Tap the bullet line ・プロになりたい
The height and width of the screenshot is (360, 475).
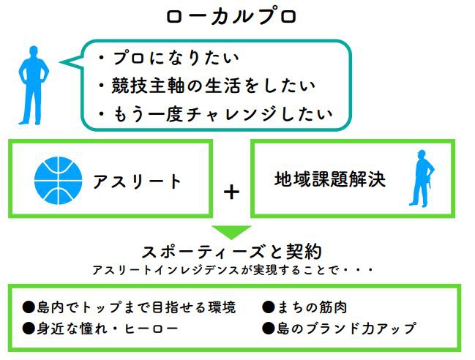[169, 57]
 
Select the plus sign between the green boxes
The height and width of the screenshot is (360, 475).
[231, 192]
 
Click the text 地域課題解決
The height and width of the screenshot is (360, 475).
[330, 178]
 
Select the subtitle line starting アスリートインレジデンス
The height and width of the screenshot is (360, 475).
[233, 271]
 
